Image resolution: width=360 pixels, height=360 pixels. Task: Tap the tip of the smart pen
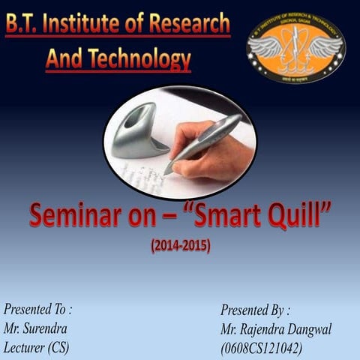click(x=169, y=170)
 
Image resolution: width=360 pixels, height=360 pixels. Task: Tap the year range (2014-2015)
click(x=179, y=245)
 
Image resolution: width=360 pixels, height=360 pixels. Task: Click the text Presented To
click(x=38, y=308)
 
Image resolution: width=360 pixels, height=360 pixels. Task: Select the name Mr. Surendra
click(x=36, y=328)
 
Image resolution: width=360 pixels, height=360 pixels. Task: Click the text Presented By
click(x=255, y=309)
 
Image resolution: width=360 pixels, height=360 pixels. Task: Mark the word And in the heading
click(x=64, y=58)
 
